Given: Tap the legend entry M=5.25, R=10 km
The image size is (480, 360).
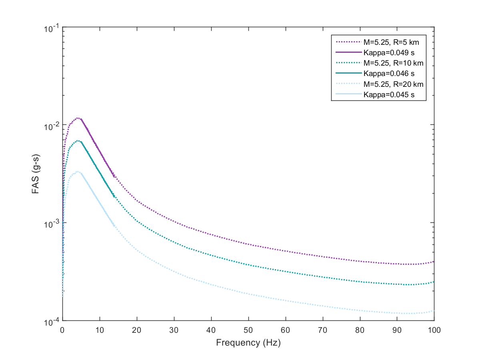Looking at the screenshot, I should [393, 63].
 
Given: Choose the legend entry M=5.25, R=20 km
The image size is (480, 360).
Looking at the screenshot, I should [393, 84].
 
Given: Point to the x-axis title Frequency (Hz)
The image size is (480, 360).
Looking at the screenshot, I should [248, 343].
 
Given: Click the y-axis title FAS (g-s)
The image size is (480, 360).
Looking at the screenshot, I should [36, 174].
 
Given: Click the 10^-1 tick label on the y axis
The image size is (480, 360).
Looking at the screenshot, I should [52, 28].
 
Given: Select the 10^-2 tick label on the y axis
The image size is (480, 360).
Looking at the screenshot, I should [52, 125].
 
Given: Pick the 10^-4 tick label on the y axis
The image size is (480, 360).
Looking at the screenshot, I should [52, 321].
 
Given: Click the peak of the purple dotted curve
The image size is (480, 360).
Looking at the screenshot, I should [78, 118].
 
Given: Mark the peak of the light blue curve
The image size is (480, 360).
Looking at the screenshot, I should [78, 172].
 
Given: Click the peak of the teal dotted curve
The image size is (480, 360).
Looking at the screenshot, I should [78, 140].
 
